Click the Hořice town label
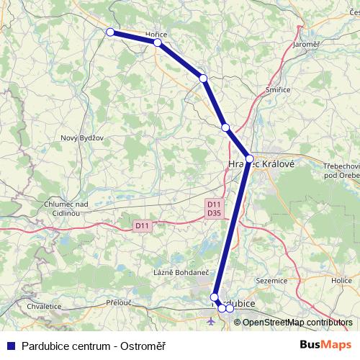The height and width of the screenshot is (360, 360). point(156,34)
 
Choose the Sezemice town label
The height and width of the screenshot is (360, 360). point(272,280)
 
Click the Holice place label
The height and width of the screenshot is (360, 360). point(341,281)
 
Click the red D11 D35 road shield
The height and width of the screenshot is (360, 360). point(214,208)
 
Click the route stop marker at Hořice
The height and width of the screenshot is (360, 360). point(158,43)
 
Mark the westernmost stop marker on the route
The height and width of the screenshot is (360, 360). point(110,32)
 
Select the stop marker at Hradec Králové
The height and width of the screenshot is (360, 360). point(250,158)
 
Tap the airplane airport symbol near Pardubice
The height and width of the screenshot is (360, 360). point(209,322)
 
